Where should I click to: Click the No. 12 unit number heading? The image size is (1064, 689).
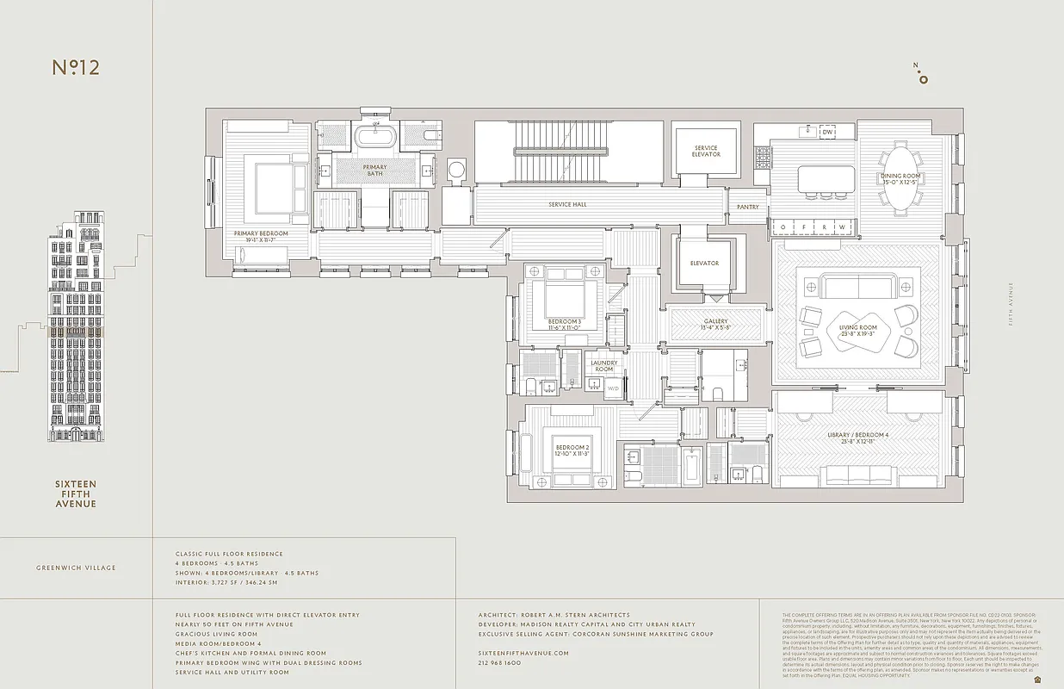coord(76,68)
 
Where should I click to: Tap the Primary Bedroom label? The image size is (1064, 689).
coord(261,233)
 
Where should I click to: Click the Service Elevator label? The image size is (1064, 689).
coord(706,152)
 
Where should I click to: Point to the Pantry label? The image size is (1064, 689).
coord(748,207)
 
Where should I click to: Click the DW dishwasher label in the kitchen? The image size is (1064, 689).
coord(827,132)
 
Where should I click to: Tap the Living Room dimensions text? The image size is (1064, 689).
coord(857,333)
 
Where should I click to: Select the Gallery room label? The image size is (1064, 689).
coord(715,321)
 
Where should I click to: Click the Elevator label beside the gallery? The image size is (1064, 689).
coord(704,263)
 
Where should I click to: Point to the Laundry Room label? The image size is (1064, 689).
coord(604,366)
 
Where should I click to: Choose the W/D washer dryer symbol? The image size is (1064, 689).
coord(614,388)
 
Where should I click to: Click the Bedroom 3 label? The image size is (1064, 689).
coord(565,322)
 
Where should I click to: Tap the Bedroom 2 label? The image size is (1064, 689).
coord(572,448)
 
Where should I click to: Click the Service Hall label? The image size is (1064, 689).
coord(567,205)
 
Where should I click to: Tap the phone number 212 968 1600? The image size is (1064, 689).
coord(499,663)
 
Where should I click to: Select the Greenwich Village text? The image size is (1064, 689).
coord(77,568)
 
